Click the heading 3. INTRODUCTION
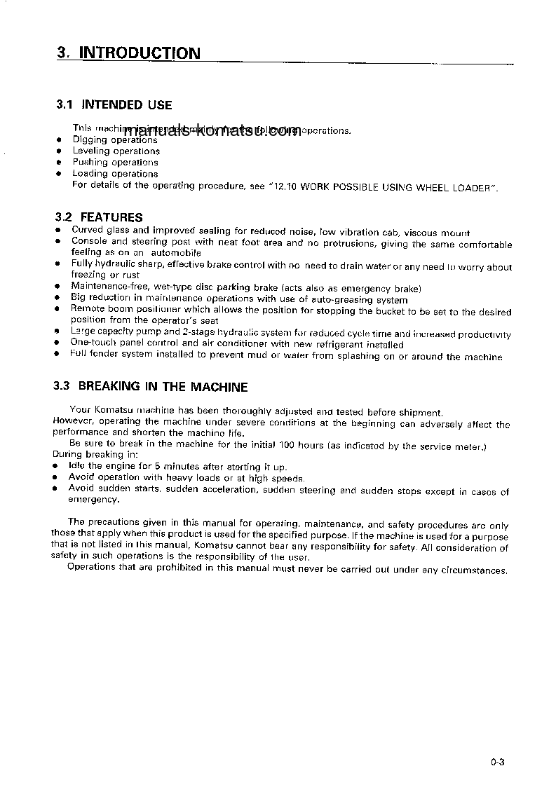(128, 53)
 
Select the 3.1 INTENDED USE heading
(114, 105)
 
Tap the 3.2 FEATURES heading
(98, 217)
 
